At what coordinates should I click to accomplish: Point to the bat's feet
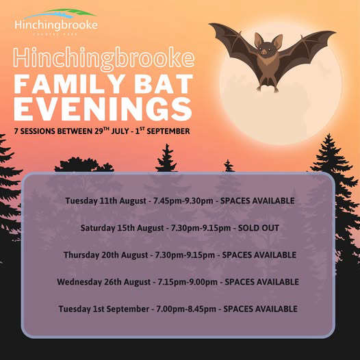tap(268, 88)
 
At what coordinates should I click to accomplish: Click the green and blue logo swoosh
tap(60, 14)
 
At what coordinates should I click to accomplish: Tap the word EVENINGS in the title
tap(103, 109)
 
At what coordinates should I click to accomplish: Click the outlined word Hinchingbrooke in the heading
tap(104, 58)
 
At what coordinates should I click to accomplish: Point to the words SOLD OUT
tap(259, 228)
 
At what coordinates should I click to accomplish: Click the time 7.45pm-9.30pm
tap(183, 201)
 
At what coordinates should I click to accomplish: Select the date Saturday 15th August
tap(122, 228)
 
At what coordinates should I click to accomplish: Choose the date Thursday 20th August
tap(105, 255)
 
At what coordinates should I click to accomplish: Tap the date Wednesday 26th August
tap(104, 282)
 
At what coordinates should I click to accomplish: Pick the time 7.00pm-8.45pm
tap(186, 309)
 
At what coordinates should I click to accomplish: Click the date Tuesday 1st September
tap(104, 309)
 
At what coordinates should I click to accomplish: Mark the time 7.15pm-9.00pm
tap(188, 282)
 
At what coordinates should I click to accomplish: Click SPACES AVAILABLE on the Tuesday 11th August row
tap(257, 201)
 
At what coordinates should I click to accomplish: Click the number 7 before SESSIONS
tap(16, 131)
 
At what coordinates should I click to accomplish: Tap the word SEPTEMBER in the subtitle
tap(168, 131)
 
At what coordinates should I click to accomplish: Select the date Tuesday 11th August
tap(105, 201)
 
